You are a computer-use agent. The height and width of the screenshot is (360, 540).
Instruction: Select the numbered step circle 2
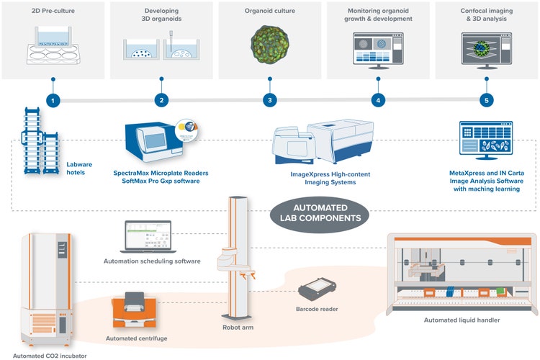161,100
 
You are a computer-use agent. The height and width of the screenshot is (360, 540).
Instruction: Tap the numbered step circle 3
269,100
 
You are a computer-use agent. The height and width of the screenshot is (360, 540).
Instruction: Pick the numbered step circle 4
377,100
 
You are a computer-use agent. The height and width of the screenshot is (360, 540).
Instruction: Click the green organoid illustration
269,45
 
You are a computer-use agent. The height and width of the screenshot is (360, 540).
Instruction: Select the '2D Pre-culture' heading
53,12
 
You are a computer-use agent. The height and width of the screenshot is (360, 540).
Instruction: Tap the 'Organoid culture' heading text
269,12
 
